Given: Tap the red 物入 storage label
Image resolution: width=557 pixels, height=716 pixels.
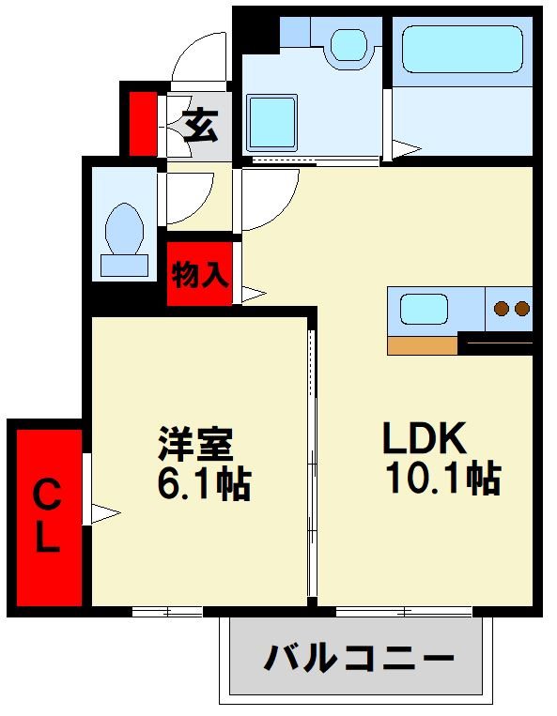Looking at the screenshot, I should coord(199,275).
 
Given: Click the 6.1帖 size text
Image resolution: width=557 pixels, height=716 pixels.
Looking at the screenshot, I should coord(202,483).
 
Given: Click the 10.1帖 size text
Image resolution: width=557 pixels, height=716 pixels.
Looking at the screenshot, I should coord(441,480).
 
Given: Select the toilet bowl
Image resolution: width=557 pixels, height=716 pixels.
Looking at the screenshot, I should coord(124,230).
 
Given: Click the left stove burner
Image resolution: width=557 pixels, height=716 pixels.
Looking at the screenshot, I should coord(501,307).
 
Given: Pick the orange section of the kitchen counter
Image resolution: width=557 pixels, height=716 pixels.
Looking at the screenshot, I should coord(423,344).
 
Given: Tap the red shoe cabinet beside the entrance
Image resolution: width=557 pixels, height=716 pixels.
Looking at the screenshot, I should coord(143,123).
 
